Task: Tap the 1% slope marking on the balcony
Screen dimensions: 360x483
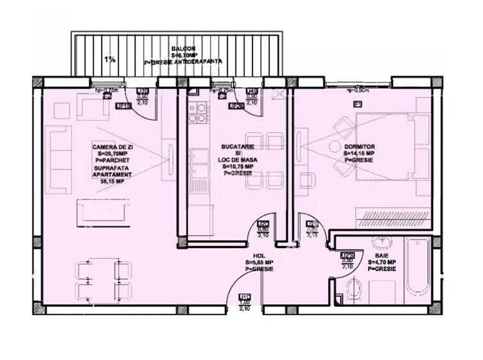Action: click(x=110, y=59)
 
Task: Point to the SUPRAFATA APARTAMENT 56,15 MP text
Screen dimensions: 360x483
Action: click(x=112, y=174)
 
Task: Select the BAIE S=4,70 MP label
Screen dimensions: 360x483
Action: click(x=381, y=265)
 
